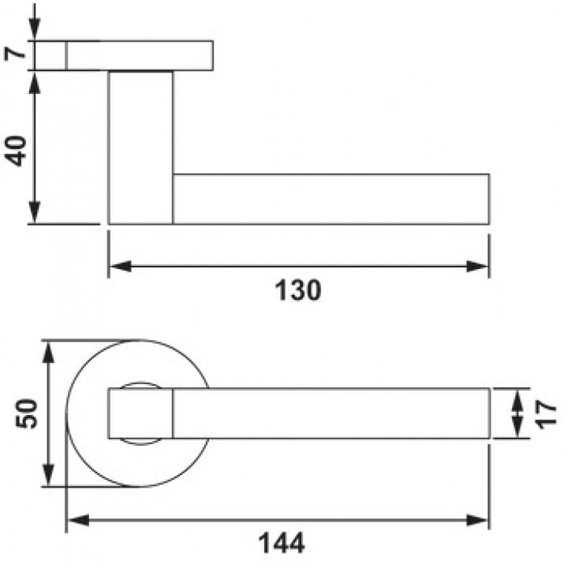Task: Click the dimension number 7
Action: point(15,54)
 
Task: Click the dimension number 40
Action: point(16,151)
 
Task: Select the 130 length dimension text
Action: point(298,290)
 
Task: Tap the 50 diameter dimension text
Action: point(26,413)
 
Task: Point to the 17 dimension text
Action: point(546,414)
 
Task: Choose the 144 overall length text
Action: point(282,543)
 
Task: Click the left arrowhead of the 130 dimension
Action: point(120,267)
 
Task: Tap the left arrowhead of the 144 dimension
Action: point(79,521)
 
